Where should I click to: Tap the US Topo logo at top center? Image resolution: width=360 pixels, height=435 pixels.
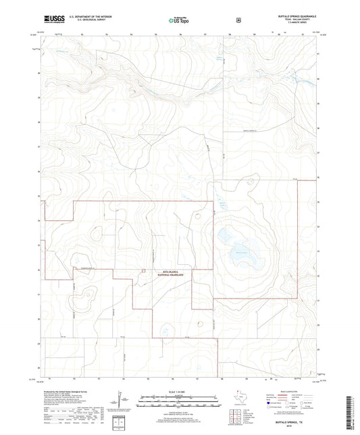[179, 21]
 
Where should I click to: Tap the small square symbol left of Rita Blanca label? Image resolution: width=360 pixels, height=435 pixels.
[143, 272]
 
